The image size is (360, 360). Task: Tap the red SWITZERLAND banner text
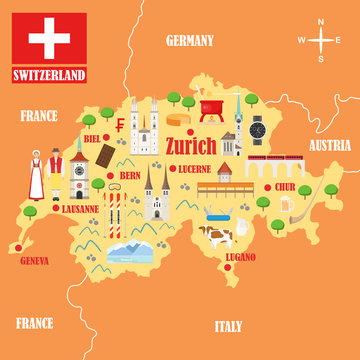pyautogui.click(x=49, y=75)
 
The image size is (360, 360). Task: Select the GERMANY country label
pyautogui.click(x=190, y=41)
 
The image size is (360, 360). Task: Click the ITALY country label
pyautogui.click(x=228, y=326)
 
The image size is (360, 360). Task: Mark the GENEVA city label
pyautogui.click(x=35, y=261)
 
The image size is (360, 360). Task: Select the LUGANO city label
pyautogui.click(x=240, y=257)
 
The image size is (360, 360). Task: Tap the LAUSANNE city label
pyautogui.click(x=79, y=210)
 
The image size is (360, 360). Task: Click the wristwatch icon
pyautogui.click(x=258, y=129)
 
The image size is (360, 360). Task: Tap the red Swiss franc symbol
pyautogui.click(x=120, y=127)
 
